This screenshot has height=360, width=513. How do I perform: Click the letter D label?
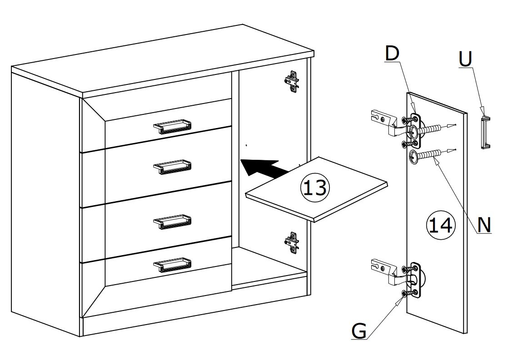[392, 53]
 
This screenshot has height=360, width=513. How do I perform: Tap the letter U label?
[465, 59]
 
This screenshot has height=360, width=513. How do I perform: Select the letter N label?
[484, 225]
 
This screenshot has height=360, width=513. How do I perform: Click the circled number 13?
[315, 188]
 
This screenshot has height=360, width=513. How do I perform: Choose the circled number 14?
[441, 225]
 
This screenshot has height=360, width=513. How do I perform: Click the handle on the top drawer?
[172, 126]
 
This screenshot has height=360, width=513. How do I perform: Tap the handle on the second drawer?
[172, 167]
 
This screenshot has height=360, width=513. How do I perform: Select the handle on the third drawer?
[172, 222]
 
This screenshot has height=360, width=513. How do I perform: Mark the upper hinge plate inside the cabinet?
[292, 81]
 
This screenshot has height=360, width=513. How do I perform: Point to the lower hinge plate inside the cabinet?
[292, 243]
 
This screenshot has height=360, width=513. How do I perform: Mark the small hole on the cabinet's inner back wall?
[246, 145]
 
